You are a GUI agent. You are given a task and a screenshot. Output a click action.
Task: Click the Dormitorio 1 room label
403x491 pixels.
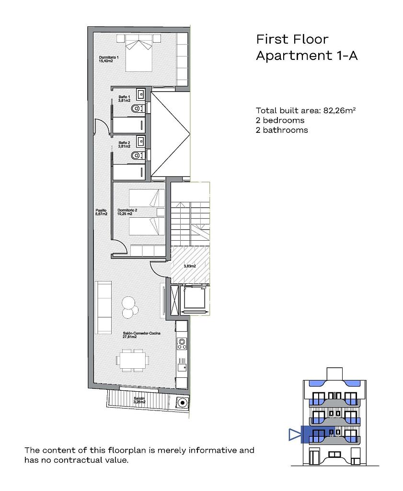(x=109, y=59)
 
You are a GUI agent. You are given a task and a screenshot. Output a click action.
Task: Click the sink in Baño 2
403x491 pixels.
(x=141, y=141)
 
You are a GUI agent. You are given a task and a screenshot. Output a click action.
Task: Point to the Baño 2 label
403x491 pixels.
(x=124, y=144)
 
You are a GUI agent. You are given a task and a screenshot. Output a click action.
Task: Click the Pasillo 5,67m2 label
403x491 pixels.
(x=102, y=212)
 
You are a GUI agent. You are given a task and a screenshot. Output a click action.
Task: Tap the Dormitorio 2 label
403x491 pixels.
(x=127, y=212)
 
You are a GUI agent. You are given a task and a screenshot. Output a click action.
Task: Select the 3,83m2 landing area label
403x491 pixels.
(x=190, y=266)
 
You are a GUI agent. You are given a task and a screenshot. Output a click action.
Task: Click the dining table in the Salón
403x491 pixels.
(x=133, y=361)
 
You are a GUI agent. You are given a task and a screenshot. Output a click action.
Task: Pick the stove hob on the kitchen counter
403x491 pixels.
(x=182, y=343)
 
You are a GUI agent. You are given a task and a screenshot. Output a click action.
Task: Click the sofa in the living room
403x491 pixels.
(x=103, y=307)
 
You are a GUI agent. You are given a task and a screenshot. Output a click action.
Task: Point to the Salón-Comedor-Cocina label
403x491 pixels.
(x=141, y=335)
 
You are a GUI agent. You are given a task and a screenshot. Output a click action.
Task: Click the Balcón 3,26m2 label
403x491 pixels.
(x=139, y=400)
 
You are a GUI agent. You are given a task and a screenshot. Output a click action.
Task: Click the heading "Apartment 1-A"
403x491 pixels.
(x=307, y=56)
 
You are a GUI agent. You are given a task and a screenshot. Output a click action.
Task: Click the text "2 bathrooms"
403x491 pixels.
(x=282, y=130)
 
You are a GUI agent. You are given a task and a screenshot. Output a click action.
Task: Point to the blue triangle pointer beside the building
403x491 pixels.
(x=294, y=434)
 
